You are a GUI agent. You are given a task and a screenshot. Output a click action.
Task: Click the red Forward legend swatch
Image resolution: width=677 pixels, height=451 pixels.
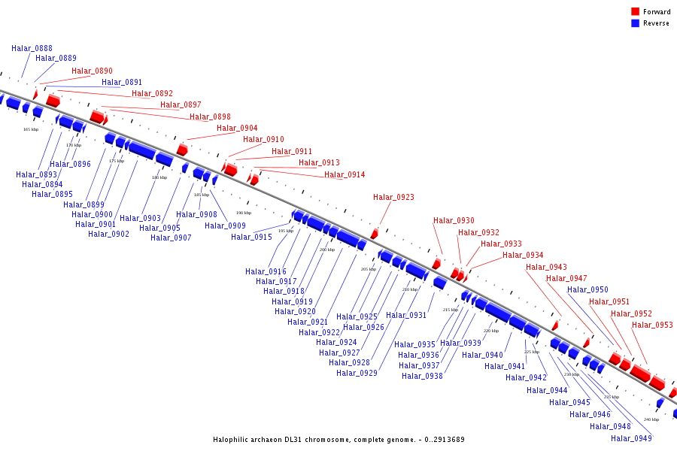[x=635, y=11]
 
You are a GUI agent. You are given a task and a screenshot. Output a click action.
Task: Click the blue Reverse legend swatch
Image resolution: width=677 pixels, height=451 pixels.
[x=635, y=23]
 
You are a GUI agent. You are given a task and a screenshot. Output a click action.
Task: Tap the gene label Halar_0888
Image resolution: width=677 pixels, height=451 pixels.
[x=32, y=48]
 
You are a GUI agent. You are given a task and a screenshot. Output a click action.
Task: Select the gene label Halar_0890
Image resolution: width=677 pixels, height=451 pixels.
[x=92, y=71]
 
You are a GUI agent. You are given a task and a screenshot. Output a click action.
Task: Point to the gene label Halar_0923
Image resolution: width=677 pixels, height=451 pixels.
[x=393, y=198]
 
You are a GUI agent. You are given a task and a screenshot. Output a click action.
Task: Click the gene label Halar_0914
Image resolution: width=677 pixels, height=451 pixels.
[x=345, y=175]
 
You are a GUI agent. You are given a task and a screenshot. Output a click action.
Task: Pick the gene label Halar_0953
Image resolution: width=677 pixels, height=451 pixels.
[x=652, y=325]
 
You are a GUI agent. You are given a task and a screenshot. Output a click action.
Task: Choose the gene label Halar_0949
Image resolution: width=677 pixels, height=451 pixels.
[x=631, y=438]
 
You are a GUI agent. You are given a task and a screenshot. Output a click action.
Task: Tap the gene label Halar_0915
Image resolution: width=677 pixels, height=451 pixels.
[x=251, y=238]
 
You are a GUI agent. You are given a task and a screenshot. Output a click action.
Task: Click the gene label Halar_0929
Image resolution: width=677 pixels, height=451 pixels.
[x=357, y=374]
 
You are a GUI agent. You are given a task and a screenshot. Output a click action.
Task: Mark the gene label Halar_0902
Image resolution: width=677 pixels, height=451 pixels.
[x=108, y=235]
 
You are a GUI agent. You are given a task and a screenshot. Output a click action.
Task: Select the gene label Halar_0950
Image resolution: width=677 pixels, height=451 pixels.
[x=587, y=290]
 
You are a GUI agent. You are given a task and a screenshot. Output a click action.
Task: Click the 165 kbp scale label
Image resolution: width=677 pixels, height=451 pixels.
[x=31, y=130]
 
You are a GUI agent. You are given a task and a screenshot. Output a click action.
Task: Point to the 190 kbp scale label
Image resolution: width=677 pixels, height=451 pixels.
[x=244, y=213]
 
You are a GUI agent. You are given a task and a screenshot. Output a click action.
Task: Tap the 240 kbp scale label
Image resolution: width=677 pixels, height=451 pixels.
[x=651, y=419]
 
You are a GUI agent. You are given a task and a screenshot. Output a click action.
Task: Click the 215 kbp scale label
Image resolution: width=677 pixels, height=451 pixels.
[x=450, y=310]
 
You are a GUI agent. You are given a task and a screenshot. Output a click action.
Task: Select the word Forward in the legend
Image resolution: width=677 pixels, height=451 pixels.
[x=657, y=12]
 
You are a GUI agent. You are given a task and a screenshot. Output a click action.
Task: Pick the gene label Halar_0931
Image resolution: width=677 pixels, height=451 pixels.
[x=407, y=316]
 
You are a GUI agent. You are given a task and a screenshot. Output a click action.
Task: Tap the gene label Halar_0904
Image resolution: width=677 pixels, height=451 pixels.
[x=237, y=129]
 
